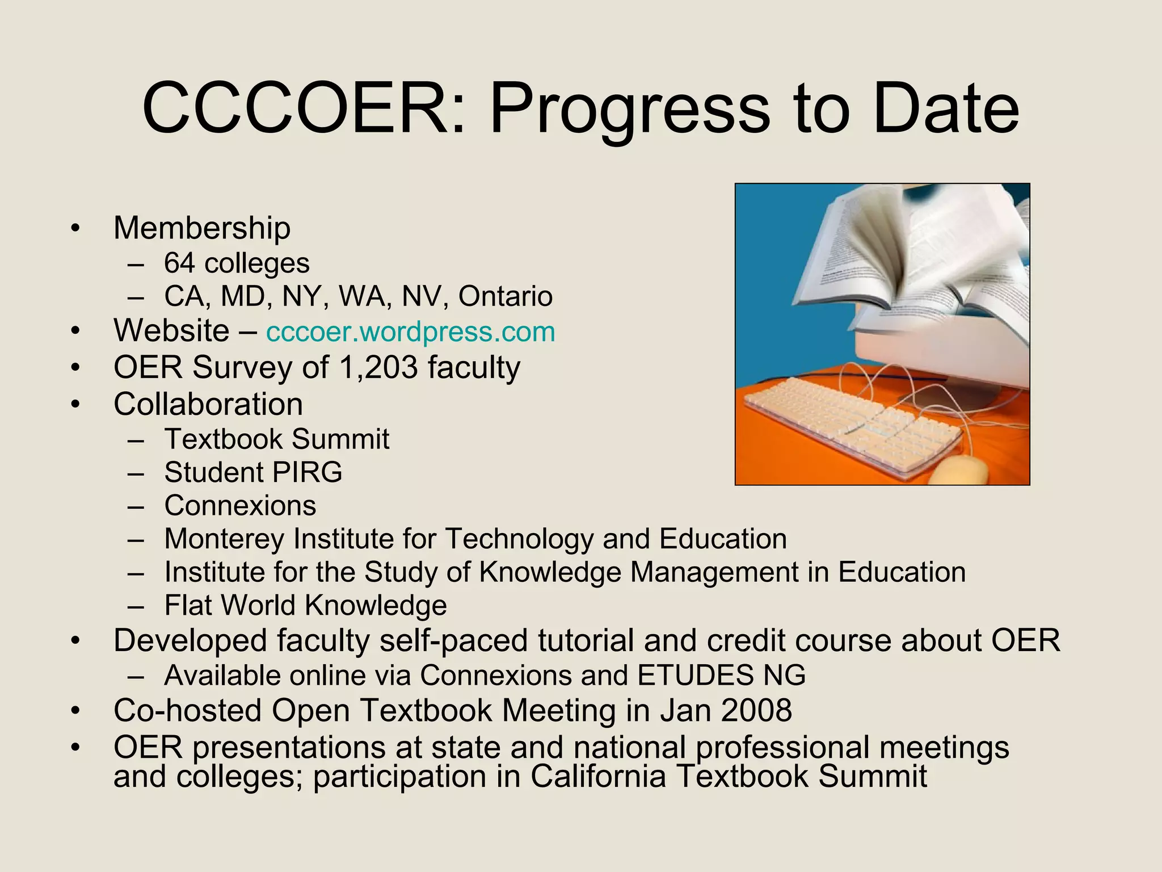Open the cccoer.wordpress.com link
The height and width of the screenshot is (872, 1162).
[410, 332]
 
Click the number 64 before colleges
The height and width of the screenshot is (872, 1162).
[179, 263]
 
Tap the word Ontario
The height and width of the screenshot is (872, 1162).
[505, 296]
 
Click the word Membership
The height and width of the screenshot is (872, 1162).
[202, 228]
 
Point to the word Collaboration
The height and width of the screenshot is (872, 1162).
[208, 404]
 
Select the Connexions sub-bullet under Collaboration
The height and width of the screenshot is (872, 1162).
[240, 506]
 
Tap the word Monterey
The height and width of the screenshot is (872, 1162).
[224, 539]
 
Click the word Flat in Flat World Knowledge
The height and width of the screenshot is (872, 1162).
[188, 605]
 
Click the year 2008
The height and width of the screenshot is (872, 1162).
[756, 711]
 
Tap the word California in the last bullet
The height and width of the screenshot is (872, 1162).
[598, 777]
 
